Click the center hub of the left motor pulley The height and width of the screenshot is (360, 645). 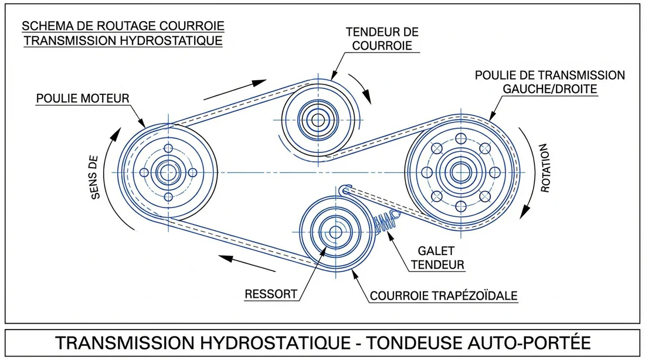168,172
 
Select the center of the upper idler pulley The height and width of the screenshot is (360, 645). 318,120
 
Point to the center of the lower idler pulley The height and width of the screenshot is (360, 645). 335,232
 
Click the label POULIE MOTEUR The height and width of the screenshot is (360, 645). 82,98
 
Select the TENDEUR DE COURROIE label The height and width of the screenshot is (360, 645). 382,38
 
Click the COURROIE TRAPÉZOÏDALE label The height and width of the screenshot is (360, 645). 443,296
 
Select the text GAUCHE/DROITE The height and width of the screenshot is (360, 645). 549,89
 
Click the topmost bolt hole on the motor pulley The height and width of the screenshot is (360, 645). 168,148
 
